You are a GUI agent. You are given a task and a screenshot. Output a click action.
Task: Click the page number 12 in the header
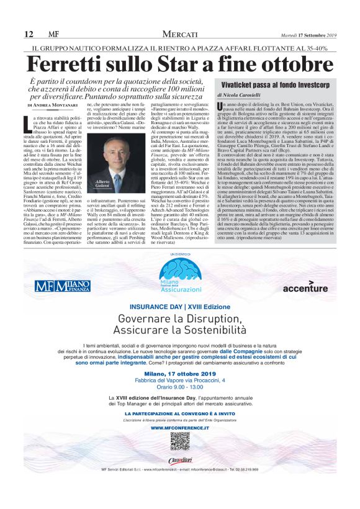(29, 34)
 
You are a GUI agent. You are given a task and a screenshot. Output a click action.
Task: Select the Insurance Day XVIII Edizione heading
(179, 307)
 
